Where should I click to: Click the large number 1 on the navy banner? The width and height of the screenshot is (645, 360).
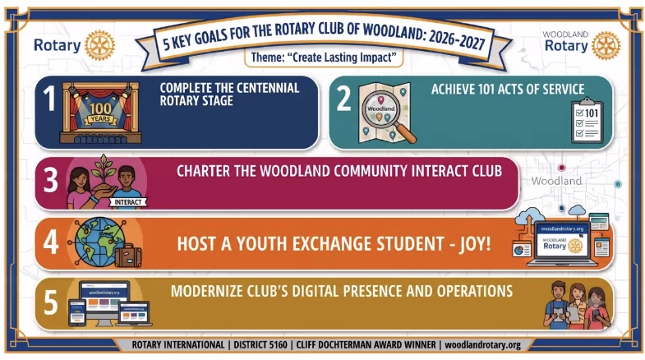tap(50, 99)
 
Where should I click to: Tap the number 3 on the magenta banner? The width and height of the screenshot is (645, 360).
tap(51, 180)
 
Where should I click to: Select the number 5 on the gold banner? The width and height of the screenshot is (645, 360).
tap(51, 302)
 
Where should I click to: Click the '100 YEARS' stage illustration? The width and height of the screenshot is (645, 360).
tap(100, 113)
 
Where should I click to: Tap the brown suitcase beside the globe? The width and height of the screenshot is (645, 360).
tap(128, 256)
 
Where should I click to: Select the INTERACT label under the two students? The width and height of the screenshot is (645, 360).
tap(128, 202)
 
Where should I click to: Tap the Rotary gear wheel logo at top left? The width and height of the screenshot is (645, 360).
tap(99, 45)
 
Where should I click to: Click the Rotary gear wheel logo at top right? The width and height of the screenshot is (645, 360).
tap(606, 45)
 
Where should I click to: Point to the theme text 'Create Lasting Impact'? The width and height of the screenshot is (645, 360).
tap(324, 58)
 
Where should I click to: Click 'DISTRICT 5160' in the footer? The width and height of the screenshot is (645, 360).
tap(260, 344)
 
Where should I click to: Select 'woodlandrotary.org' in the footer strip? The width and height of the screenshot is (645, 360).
tap(482, 344)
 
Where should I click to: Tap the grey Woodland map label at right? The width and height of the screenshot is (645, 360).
tap(556, 181)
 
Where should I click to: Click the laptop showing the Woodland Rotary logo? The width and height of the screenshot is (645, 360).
tap(562, 243)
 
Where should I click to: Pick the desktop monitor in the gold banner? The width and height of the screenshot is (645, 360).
tap(104, 302)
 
